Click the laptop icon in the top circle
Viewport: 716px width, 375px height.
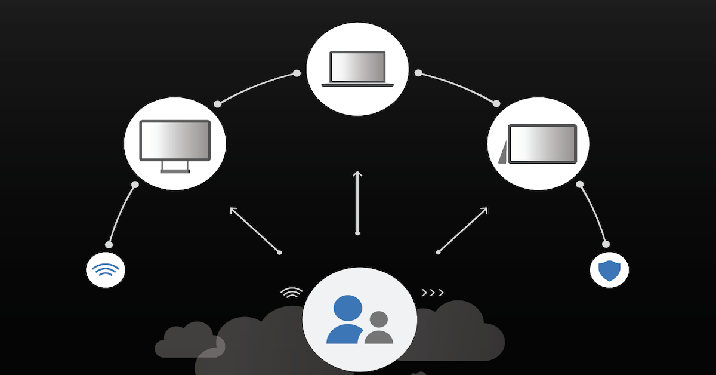click(357, 68)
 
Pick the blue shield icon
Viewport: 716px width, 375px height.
click(609, 271)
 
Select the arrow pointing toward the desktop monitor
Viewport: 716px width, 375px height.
click(255, 230)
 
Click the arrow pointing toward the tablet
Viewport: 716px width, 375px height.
click(462, 230)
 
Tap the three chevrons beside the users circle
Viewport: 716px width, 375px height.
click(433, 293)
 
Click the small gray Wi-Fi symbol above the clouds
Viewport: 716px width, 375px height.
click(292, 293)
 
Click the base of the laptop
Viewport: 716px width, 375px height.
click(357, 85)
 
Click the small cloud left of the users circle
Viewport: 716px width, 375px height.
click(185, 339)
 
